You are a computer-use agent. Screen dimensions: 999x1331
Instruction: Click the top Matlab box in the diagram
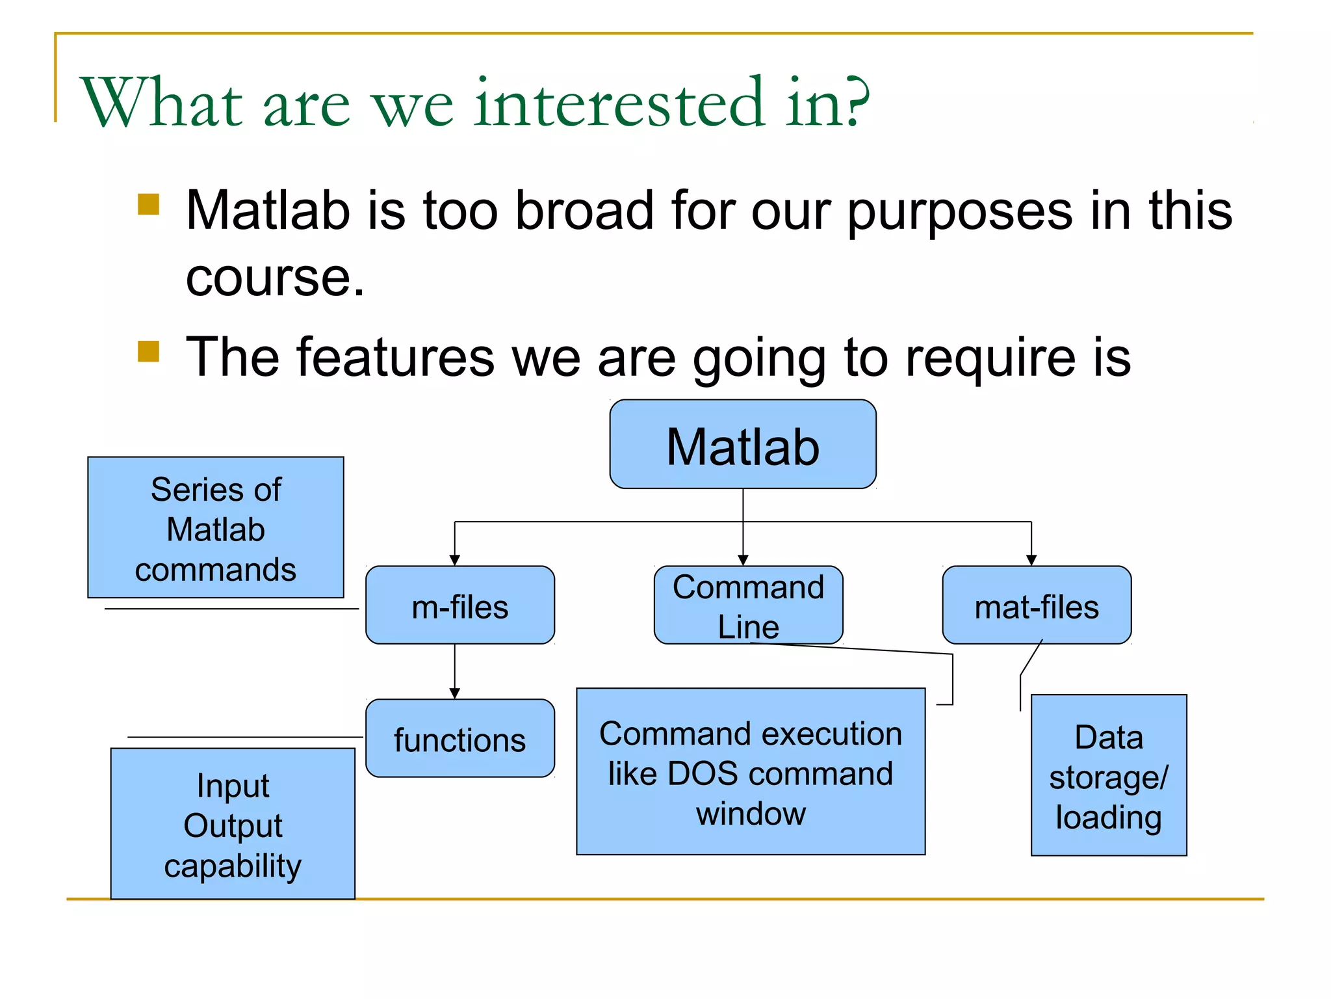[742, 444]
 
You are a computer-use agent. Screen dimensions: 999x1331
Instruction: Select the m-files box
[459, 606]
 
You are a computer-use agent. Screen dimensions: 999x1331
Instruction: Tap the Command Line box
[748, 606]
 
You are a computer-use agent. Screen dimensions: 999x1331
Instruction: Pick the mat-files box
[1037, 606]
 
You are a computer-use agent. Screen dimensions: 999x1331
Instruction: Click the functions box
[459, 739]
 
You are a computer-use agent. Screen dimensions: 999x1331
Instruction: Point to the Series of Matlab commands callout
[215, 527]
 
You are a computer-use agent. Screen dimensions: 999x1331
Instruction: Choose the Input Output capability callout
[233, 824]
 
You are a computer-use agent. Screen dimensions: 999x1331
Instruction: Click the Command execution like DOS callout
[751, 772]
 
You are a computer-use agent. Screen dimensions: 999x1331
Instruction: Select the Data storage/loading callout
[1109, 776]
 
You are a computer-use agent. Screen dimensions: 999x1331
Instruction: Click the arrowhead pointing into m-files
[455, 560]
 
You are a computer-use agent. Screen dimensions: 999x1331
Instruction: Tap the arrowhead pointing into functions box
[455, 693]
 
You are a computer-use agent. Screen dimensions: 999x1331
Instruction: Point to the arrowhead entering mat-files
[1031, 560]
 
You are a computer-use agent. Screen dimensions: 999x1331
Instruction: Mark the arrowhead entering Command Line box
[743, 560]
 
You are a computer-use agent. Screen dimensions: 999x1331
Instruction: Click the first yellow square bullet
[148, 204]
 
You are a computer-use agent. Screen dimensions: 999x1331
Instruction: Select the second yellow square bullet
[148, 351]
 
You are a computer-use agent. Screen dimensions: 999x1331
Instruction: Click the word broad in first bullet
[584, 211]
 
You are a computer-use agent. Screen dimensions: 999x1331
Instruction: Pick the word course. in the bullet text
[275, 278]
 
